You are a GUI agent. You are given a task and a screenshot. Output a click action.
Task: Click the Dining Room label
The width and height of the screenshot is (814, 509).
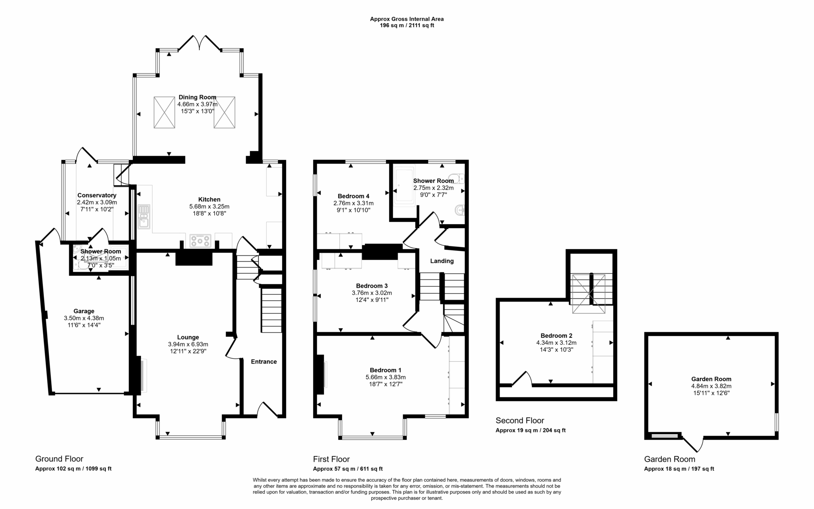(197, 97)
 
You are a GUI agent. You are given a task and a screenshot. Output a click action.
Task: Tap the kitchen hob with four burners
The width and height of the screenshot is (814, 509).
(200, 241)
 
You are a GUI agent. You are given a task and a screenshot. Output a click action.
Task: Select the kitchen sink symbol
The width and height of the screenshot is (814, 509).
(143, 217)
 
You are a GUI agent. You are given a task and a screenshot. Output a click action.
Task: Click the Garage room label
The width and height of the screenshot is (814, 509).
(84, 311)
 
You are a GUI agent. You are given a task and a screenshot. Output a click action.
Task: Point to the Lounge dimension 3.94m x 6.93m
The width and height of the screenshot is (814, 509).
(188, 344)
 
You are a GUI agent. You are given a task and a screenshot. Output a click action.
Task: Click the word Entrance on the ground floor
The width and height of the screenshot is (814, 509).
(264, 362)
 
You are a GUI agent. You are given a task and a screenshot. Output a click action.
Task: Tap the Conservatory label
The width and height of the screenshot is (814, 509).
(97, 195)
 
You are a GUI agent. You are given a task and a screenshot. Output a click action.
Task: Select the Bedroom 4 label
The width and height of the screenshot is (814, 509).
(353, 196)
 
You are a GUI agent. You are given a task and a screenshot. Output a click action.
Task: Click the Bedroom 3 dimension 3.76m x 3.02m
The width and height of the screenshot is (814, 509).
(372, 293)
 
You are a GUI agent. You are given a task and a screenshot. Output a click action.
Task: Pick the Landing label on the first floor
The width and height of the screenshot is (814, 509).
(442, 261)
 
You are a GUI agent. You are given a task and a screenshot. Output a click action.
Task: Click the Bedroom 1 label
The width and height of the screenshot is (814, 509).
(386, 370)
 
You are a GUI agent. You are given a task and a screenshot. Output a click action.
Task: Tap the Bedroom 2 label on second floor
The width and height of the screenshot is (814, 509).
(556, 336)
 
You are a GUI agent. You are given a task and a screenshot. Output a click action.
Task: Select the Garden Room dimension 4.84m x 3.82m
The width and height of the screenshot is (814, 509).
(711, 386)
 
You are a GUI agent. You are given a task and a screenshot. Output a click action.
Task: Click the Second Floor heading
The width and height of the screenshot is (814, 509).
(520, 420)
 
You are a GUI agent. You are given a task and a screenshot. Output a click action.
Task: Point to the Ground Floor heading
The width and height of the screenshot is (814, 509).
(59, 459)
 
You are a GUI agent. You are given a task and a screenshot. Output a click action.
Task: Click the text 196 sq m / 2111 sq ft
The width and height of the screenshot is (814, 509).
(407, 25)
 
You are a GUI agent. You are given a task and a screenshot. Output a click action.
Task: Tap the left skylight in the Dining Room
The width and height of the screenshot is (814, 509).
(164, 112)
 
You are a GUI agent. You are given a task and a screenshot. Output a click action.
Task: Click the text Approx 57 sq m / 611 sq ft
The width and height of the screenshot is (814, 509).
(348, 469)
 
